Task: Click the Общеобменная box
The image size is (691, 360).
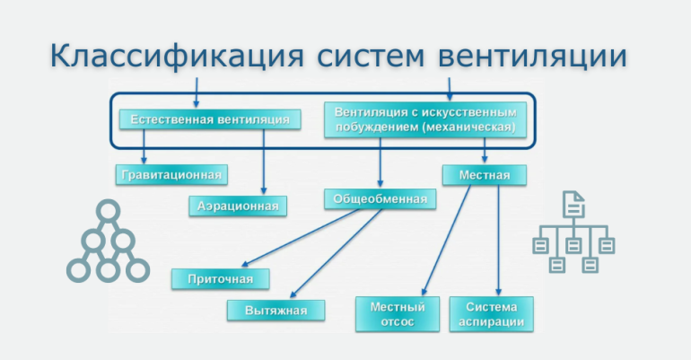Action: click(380, 198)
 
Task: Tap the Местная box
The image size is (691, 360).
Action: click(485, 174)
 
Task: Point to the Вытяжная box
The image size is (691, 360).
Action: click(276, 311)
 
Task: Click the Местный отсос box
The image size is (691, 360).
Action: click(397, 314)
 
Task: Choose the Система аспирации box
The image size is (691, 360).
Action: click(491, 314)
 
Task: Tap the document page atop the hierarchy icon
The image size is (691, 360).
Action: click(572, 205)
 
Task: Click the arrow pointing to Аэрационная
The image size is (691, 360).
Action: click(264, 162)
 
